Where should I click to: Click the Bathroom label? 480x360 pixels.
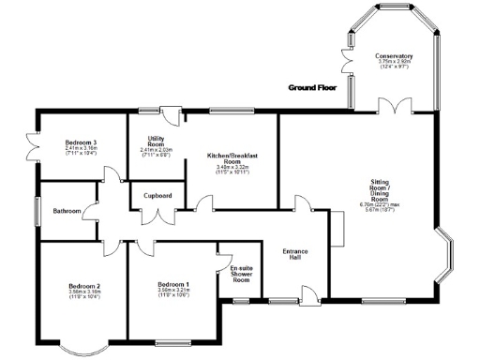[x=67, y=211]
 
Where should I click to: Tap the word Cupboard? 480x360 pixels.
[x=157, y=196]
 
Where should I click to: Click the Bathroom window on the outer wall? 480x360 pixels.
[x=37, y=211]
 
